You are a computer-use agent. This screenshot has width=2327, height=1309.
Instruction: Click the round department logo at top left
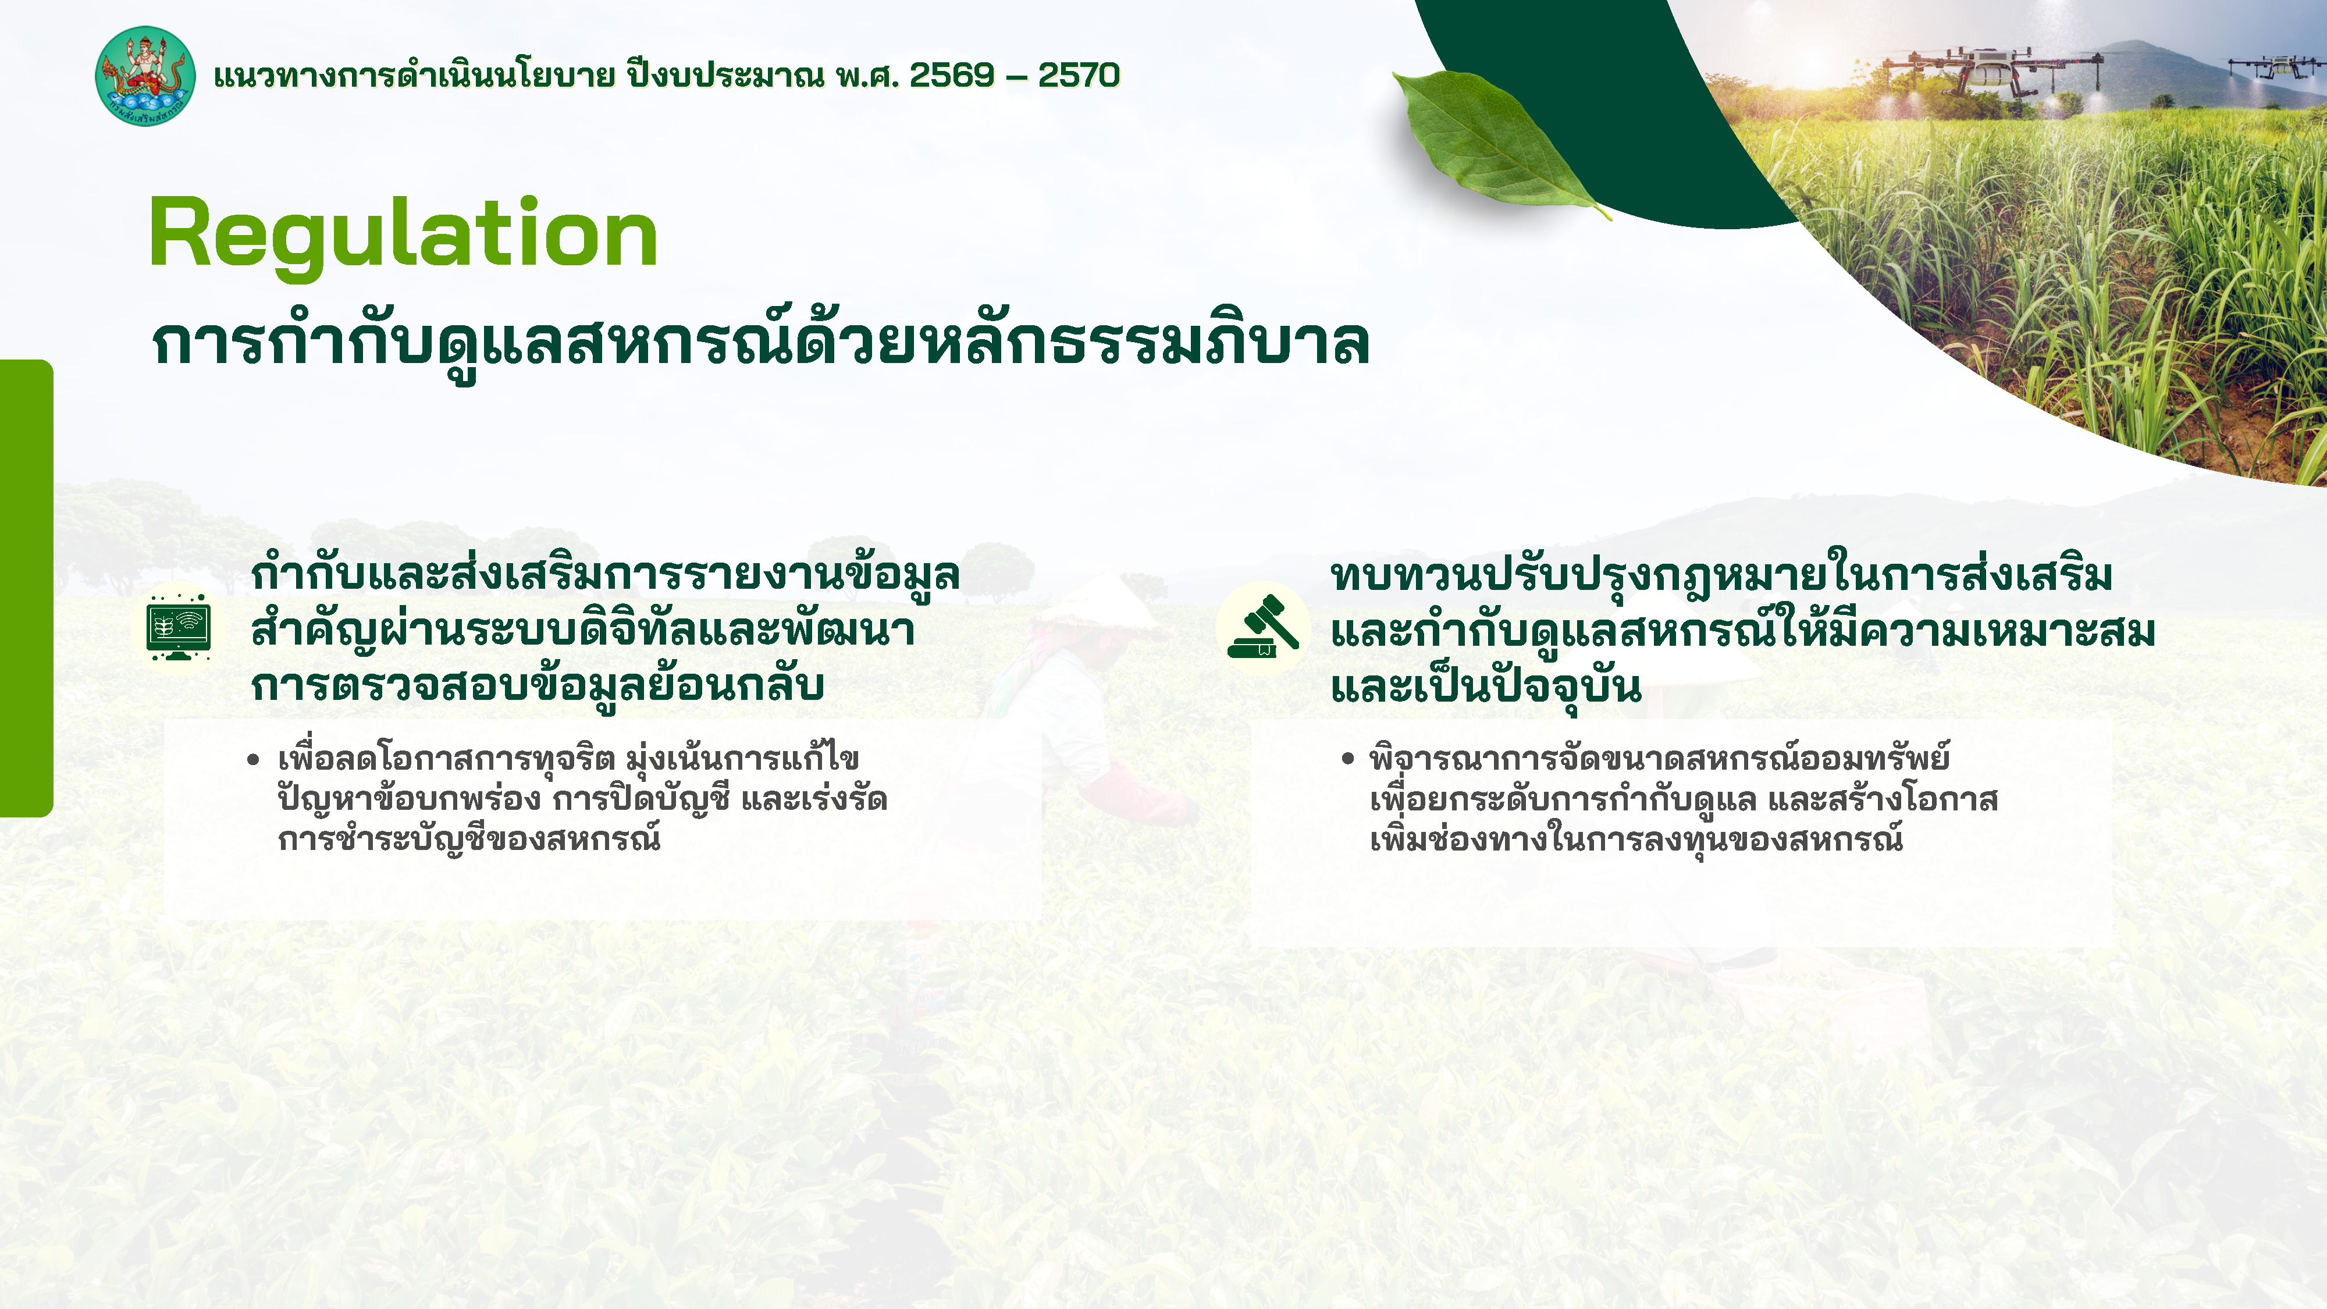(144, 76)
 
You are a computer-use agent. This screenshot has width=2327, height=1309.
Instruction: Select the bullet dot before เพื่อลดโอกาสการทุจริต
(253, 760)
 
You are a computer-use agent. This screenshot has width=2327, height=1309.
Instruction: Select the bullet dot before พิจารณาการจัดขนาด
(1348, 759)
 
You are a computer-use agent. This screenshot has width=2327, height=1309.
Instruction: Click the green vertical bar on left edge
(25, 587)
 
